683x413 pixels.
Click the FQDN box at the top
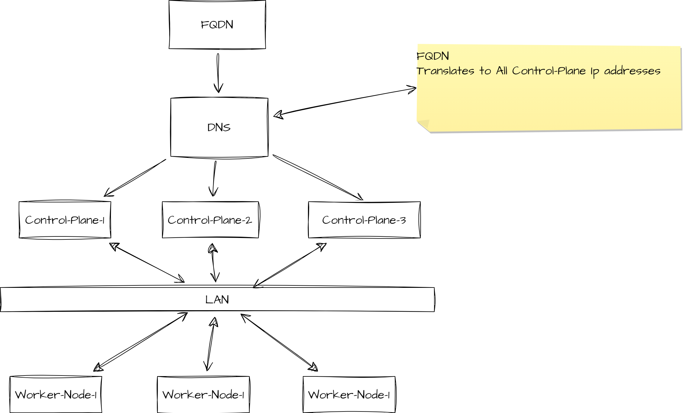217,24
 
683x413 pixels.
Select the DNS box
219,127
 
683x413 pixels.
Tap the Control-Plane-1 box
65,220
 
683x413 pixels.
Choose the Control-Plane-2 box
210,220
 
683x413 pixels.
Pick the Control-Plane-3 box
364,220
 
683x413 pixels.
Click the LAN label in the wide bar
217,300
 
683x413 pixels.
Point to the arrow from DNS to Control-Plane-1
135,178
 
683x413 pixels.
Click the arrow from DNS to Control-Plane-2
214,178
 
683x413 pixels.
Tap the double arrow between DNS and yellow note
345,102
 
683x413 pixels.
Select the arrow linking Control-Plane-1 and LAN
147,262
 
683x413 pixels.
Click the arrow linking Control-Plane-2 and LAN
213,262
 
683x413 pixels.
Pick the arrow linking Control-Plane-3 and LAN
290,265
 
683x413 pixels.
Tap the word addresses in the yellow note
632,71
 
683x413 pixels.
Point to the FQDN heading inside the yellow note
432,56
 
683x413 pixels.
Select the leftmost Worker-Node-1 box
56,395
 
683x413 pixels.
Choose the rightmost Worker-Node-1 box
349,395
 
